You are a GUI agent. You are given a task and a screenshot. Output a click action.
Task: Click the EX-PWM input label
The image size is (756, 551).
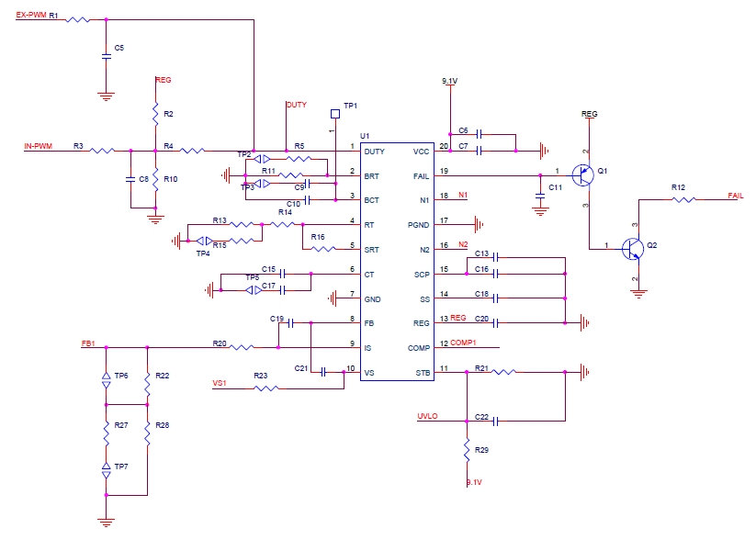pyautogui.click(x=31, y=16)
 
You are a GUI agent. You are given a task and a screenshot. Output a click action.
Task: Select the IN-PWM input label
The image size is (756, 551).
pyautogui.click(x=38, y=145)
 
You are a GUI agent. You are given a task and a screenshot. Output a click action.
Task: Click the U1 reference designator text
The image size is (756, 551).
pyautogui.click(x=365, y=135)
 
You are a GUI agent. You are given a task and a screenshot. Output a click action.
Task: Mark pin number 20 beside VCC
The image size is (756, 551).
pyautogui.click(x=445, y=146)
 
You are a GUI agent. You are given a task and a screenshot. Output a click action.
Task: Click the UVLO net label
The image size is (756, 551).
pyautogui.click(x=428, y=416)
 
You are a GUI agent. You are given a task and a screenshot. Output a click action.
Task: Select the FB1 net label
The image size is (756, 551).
pyautogui.click(x=88, y=343)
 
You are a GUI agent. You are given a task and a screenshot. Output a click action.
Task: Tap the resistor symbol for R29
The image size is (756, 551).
pyautogui.click(x=468, y=450)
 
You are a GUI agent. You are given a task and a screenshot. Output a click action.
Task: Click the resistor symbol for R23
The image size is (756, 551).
pyautogui.click(x=266, y=388)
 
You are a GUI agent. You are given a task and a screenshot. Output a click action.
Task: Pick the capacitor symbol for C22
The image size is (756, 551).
pyautogui.click(x=495, y=422)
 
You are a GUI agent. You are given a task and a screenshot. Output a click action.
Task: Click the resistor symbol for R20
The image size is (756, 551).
pyautogui.click(x=242, y=347)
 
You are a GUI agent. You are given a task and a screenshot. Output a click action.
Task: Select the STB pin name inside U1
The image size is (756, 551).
pyautogui.click(x=422, y=372)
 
